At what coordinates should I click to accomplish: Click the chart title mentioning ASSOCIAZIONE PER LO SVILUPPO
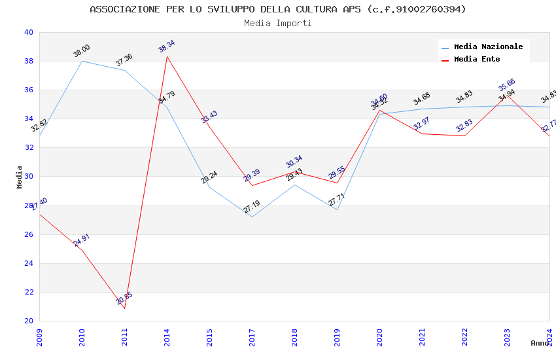[278, 9]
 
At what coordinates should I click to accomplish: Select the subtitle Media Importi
[278, 24]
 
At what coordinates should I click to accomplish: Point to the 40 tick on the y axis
[28, 32]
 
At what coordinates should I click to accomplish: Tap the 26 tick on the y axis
[28, 234]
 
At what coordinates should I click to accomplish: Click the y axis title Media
[20, 177]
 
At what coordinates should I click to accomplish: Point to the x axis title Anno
[540, 343]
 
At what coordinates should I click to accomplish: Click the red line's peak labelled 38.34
[167, 56]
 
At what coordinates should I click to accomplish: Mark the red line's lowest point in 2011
[124, 308]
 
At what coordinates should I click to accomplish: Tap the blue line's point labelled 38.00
[82, 61]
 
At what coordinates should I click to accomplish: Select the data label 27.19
[252, 207]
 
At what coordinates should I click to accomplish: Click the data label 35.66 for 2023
[507, 85]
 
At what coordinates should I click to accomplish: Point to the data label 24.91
[82, 240]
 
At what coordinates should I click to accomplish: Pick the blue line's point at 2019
[337, 209]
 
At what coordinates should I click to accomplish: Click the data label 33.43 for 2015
[209, 117]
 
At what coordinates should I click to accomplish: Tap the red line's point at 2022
[464, 135]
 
